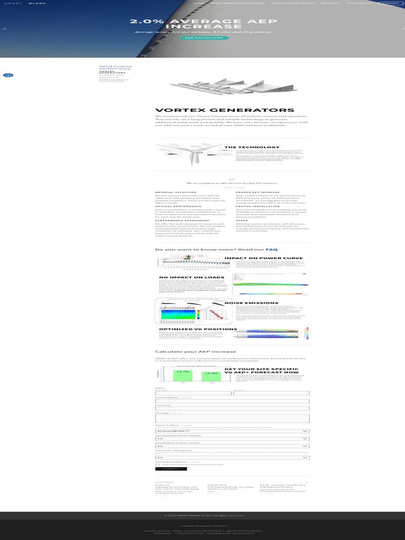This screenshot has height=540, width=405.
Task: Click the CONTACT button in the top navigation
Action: (390, 3)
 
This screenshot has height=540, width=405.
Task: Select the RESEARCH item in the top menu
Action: (330, 3)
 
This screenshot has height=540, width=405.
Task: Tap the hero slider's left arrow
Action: (5, 28)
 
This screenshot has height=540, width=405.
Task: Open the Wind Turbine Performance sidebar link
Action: (115, 67)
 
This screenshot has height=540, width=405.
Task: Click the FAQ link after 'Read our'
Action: (272, 249)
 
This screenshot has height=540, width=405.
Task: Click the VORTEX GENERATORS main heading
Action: (225, 110)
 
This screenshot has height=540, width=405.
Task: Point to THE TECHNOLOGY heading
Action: (252, 148)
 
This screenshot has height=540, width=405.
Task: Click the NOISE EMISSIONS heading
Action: (252, 303)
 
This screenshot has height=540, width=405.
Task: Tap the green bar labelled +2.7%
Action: (183, 375)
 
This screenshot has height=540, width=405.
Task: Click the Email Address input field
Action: (232, 401)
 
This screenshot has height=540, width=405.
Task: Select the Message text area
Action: (232, 418)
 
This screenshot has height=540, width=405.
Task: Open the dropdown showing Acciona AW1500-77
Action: (232, 431)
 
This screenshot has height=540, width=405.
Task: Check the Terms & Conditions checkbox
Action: (157, 465)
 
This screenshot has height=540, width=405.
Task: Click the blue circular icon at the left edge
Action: (8, 75)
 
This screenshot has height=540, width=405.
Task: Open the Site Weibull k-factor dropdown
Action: (232, 439)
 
